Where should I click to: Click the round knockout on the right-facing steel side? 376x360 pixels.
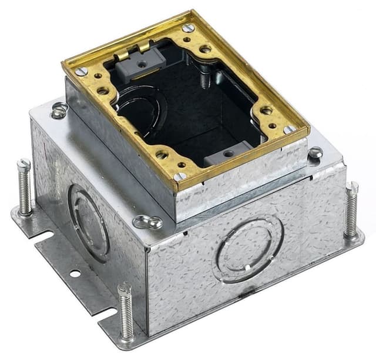[249, 250]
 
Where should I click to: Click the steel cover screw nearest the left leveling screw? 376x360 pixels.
[59, 110]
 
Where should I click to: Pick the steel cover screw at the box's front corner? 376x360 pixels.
[147, 222]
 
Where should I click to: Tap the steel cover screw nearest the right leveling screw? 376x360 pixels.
[315, 153]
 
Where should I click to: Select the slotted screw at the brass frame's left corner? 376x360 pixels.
[81, 71]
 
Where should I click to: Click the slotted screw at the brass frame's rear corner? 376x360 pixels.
[188, 28]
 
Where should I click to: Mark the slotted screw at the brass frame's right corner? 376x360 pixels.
[290, 129]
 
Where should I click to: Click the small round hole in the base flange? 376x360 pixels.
[74, 274]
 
